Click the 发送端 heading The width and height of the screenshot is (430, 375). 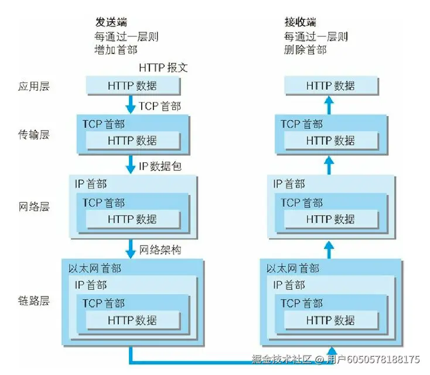point(111,22)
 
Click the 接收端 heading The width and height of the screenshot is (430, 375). point(300,22)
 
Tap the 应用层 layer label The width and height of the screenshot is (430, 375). point(33,86)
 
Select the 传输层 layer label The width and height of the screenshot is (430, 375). point(33,134)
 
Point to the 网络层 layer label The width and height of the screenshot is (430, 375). point(33,207)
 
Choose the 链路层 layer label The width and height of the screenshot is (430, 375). point(33,301)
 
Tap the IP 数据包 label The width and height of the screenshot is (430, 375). point(160,166)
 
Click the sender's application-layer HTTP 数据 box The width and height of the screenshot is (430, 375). point(132,86)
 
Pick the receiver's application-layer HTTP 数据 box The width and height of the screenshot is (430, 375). point(330,86)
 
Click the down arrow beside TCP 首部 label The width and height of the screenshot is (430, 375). point(131,105)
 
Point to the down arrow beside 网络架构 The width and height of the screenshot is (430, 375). point(131,248)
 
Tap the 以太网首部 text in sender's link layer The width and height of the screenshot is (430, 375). point(95,269)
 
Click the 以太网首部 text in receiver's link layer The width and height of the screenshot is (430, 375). point(293,269)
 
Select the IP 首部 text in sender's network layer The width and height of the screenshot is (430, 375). point(91,184)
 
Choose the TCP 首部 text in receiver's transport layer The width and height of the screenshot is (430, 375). point(301,124)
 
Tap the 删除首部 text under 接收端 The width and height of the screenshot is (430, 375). point(305,50)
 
